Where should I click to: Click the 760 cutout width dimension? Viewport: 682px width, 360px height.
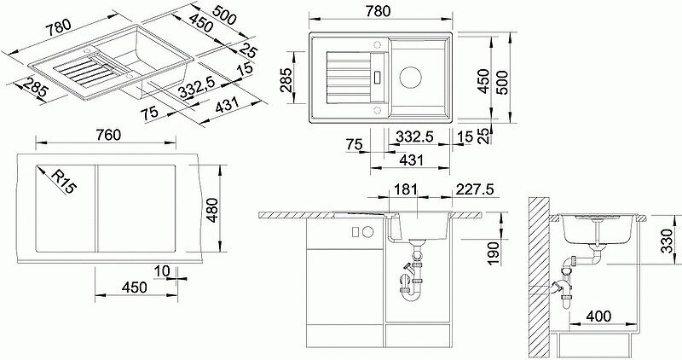coord(108,135)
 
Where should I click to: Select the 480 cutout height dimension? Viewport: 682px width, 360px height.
coord(211,209)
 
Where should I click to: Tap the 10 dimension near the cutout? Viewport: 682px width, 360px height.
coord(162,271)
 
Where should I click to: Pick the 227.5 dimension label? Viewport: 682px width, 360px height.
coord(475,189)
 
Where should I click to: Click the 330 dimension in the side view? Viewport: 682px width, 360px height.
coord(667,240)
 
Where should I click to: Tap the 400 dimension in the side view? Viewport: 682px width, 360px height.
coord(598,316)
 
